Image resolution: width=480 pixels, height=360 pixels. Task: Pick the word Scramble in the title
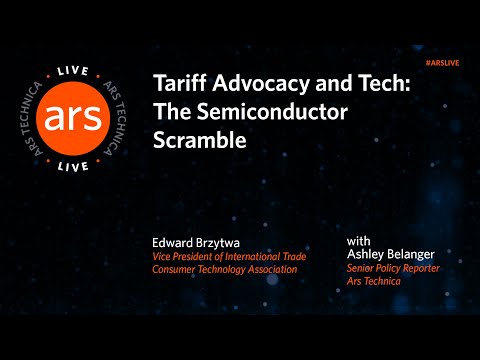tap(199, 141)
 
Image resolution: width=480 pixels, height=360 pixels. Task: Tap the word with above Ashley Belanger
tap(359, 241)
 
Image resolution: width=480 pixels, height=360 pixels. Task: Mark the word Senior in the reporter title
tap(361, 268)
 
